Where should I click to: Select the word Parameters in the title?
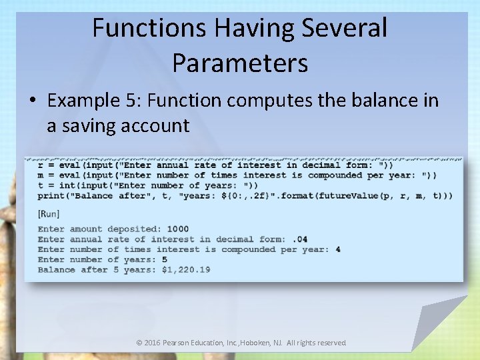click(x=240, y=63)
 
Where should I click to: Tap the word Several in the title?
click(x=344, y=29)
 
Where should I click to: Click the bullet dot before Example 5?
click(x=33, y=101)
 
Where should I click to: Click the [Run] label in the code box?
click(x=49, y=213)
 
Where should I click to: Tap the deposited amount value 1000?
click(x=178, y=229)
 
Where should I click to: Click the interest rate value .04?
click(x=300, y=239)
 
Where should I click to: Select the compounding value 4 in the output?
click(x=338, y=249)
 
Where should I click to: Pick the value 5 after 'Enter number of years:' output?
click(x=164, y=259)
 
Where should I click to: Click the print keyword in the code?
click(x=51, y=195)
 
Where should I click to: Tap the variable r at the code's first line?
click(x=41, y=165)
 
